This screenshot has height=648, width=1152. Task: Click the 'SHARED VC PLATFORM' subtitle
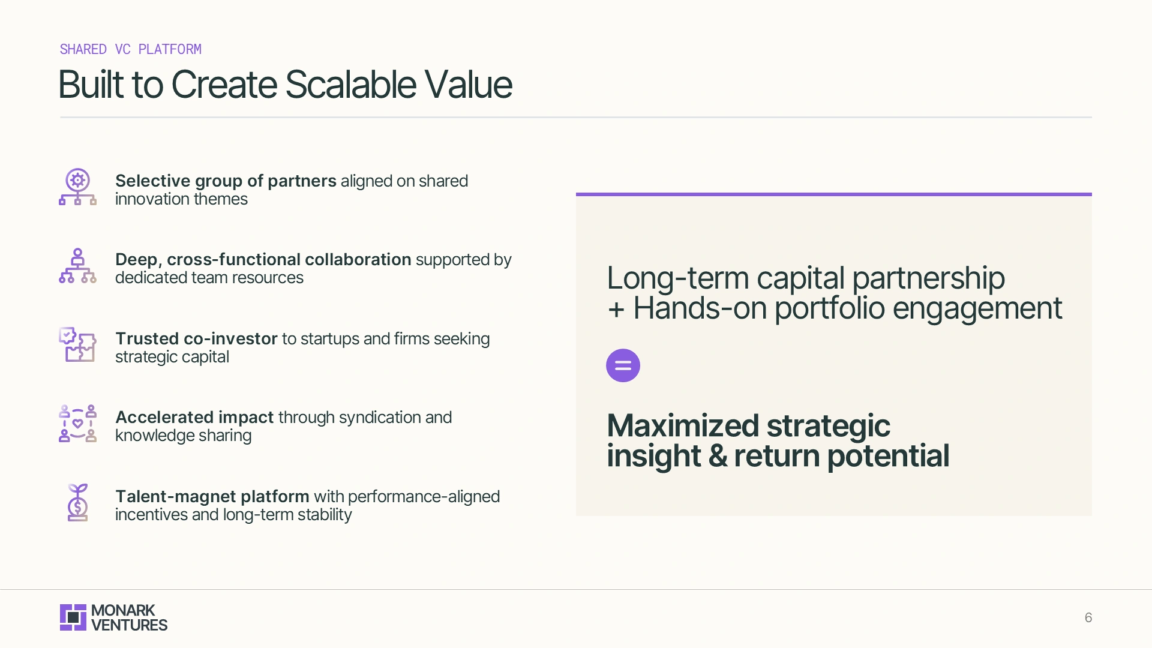(x=130, y=49)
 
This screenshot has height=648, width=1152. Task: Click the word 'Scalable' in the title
(x=350, y=85)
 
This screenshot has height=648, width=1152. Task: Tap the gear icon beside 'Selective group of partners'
(x=78, y=180)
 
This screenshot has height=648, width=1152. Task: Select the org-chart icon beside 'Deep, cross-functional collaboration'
(x=77, y=266)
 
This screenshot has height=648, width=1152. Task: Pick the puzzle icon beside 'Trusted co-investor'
(x=77, y=344)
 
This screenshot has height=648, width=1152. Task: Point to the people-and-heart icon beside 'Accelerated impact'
(x=77, y=424)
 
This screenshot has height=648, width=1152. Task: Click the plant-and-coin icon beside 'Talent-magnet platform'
(x=77, y=503)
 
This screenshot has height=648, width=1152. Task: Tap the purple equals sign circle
(x=623, y=365)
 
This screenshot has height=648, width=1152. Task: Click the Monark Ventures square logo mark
(x=73, y=617)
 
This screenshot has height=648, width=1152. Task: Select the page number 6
(x=1088, y=617)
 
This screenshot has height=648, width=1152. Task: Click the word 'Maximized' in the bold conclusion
(x=683, y=426)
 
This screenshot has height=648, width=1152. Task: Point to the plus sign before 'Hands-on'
(x=616, y=310)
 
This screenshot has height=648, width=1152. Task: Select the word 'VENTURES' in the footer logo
(x=129, y=625)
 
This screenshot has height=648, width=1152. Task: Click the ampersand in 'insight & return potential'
(x=718, y=456)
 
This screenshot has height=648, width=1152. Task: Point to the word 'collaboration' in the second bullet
(x=358, y=259)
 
